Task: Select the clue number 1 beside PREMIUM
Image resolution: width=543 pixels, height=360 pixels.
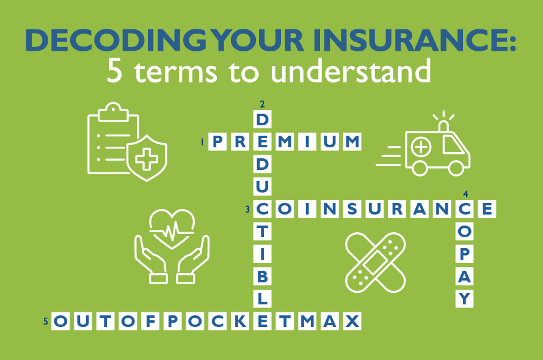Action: (x=202, y=142)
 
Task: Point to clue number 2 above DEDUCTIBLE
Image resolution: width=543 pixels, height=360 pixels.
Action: (x=261, y=103)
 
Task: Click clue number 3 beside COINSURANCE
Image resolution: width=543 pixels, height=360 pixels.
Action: (x=247, y=210)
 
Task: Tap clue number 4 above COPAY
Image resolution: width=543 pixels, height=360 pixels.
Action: (x=465, y=194)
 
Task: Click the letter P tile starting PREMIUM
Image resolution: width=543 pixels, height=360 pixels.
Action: (x=217, y=142)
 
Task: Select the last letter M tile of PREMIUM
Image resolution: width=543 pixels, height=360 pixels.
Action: (x=352, y=142)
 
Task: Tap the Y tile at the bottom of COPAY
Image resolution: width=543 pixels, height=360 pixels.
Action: (x=465, y=299)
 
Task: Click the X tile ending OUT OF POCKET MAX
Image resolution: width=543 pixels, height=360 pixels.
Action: (x=352, y=321)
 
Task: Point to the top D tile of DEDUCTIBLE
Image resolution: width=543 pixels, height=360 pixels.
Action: (x=262, y=118)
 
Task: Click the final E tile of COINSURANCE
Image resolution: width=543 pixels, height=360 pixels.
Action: (x=487, y=210)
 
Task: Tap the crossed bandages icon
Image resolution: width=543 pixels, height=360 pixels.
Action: (x=375, y=262)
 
